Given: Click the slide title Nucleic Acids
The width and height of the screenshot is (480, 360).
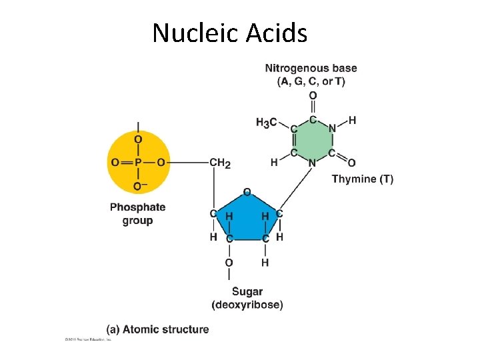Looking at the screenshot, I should pyautogui.click(x=229, y=32).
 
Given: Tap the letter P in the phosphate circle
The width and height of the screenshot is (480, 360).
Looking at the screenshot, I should pyautogui.click(x=138, y=162).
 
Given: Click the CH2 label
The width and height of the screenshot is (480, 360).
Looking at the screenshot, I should pyautogui.click(x=220, y=162).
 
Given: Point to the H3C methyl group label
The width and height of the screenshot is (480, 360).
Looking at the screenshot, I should pyautogui.click(x=267, y=123).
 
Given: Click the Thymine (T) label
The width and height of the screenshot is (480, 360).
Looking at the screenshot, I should pyautogui.click(x=362, y=179).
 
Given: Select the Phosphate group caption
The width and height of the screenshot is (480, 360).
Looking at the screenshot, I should pyautogui.click(x=138, y=213).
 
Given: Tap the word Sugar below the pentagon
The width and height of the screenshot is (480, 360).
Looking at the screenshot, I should pyautogui.click(x=247, y=291).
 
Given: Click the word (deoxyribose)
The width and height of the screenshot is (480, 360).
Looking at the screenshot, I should pyautogui.click(x=247, y=305).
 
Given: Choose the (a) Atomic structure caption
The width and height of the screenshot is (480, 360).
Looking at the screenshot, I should pyautogui.click(x=157, y=329).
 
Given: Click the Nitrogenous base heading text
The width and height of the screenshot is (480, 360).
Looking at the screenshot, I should pyautogui.click(x=311, y=68).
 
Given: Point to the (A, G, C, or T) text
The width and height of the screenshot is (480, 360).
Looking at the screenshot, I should pyautogui.click(x=311, y=81).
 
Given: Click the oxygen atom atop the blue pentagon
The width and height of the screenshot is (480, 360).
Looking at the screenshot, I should pyautogui.click(x=247, y=192).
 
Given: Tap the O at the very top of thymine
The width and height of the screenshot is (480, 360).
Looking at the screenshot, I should pyautogui.click(x=313, y=95).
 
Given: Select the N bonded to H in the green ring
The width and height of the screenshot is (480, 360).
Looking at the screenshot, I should pyautogui.click(x=332, y=128).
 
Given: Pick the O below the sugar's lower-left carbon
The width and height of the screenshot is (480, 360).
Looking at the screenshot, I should pyautogui.click(x=229, y=263).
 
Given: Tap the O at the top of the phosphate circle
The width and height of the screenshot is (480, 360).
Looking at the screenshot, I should pyautogui.click(x=138, y=139).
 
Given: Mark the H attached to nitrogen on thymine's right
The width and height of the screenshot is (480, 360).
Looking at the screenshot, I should pyautogui.click(x=352, y=120).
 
